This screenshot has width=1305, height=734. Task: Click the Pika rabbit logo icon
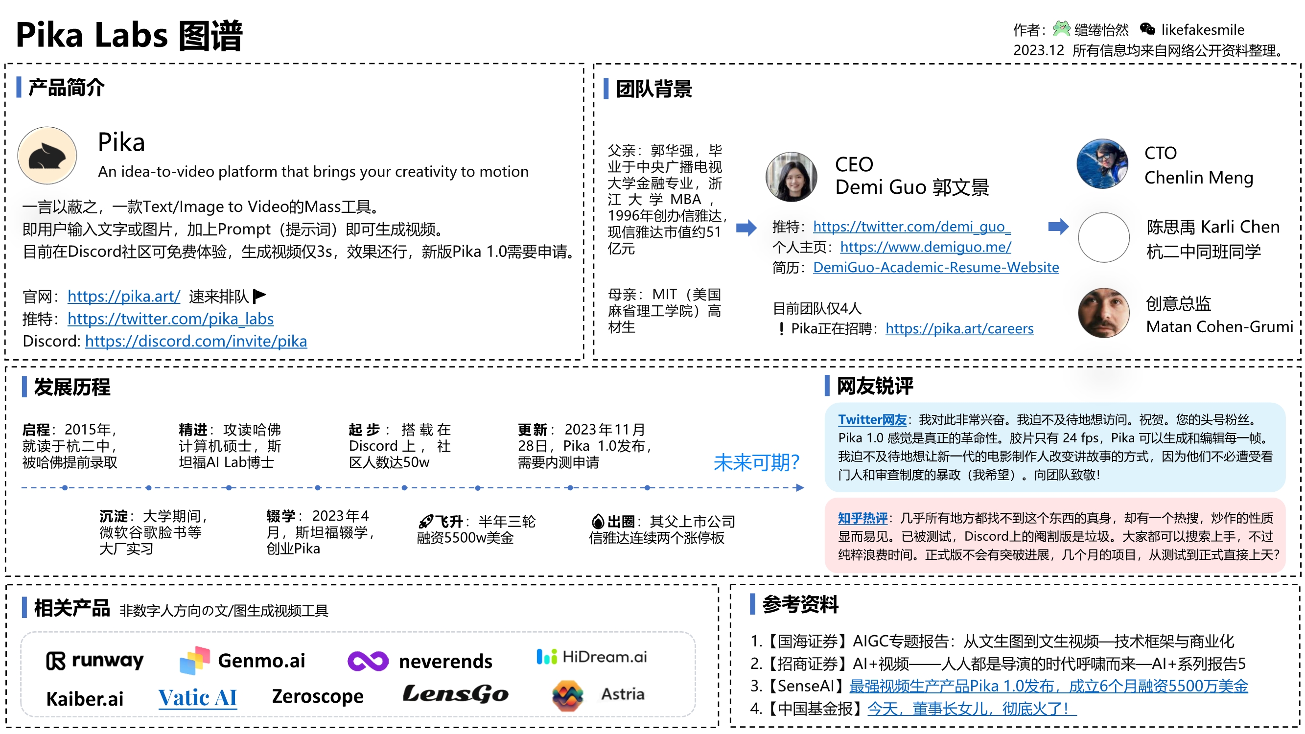(47, 156)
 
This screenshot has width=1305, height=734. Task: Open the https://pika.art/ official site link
(124, 297)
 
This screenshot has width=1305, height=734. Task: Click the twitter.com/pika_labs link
(170, 319)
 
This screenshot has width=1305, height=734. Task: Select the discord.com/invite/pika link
(196, 341)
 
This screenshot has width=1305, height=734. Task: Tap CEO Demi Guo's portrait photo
(791, 177)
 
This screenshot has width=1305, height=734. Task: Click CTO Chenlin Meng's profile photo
(1102, 164)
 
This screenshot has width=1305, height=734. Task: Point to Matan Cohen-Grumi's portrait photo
(1103, 313)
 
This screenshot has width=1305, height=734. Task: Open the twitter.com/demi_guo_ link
(912, 227)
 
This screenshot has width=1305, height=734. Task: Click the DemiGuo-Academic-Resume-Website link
(936, 267)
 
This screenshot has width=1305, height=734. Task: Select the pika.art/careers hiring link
(959, 328)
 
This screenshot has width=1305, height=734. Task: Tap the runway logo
(95, 661)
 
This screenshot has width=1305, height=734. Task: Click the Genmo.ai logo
(243, 661)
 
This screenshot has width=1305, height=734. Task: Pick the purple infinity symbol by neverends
(368, 661)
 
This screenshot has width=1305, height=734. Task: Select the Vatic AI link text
(198, 698)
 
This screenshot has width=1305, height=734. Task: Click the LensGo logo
(455, 694)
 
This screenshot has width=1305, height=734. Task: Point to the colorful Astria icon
(567, 695)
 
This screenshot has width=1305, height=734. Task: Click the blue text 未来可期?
(756, 462)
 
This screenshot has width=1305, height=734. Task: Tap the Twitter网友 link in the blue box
(872, 419)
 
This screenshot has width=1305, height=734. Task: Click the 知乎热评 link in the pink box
(862, 518)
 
